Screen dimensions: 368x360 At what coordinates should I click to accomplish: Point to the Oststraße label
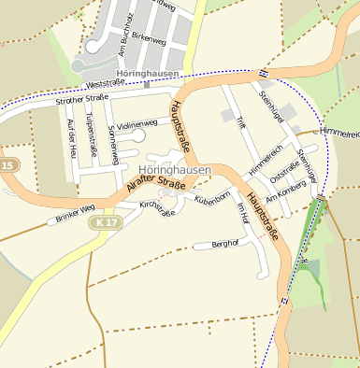pyautogui.click(x=283, y=170)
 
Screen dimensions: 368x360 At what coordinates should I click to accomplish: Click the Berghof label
pyautogui.click(x=225, y=243)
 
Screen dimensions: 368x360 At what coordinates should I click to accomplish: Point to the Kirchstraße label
pyautogui.click(x=156, y=208)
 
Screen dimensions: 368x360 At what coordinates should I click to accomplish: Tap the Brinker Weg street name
pyautogui.click(x=75, y=214)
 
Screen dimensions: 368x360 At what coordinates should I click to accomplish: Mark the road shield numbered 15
pyautogui.click(x=7, y=165)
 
